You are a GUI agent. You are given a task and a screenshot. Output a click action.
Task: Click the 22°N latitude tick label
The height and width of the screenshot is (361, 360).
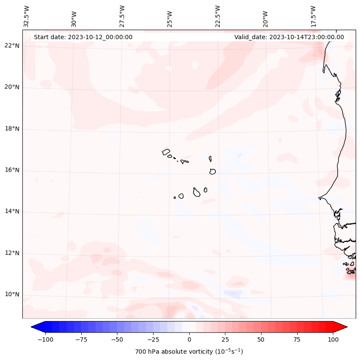coord(12,46)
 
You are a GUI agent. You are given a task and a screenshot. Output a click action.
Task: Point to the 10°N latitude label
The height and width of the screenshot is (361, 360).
coord(12,295)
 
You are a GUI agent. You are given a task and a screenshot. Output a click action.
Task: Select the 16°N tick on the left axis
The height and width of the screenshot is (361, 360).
coord(12,170)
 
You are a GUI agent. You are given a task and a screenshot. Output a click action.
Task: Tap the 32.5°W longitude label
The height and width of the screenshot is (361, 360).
coord(26,17)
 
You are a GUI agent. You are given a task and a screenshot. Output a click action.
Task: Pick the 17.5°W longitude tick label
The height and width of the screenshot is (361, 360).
coord(313,17)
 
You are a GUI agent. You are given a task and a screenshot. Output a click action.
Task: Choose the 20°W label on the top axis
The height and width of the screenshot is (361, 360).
coord(265,17)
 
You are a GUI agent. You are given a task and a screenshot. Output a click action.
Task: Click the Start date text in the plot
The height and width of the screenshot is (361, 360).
coord(83,37)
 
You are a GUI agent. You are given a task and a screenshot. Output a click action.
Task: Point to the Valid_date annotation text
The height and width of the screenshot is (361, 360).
coord(289,37)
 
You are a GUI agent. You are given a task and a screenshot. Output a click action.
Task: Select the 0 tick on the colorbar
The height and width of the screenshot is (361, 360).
coord(189,339)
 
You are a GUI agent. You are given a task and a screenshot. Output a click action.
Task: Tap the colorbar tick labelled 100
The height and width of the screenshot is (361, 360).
coord(333,339)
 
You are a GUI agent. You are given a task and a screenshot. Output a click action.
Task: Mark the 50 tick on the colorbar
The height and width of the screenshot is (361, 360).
coord(261,339)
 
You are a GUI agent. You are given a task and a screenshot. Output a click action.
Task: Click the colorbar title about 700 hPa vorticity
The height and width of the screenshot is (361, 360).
coord(189,352)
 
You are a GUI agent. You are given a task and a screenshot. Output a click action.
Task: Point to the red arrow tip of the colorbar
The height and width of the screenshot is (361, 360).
coord(342,327)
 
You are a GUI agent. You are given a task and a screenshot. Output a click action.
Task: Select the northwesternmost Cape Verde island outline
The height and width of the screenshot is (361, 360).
coord(166,152)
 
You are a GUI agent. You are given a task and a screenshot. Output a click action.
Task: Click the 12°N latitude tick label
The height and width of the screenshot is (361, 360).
coord(12,253)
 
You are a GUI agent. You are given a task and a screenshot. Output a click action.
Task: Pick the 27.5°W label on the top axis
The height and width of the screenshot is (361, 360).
coord(122,17)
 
